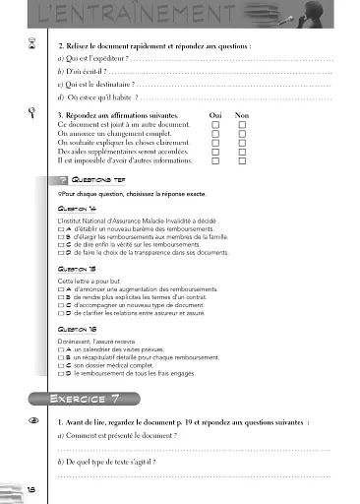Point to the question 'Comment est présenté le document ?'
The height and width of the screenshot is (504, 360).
[x=128, y=434]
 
